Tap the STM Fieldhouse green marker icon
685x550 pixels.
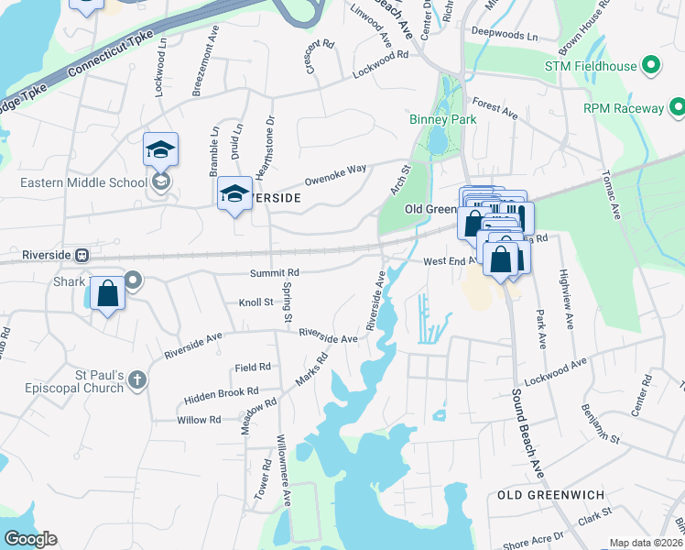tap(651, 66)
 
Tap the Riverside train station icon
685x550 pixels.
tap(82, 255)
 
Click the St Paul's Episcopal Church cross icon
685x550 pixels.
tap(136, 379)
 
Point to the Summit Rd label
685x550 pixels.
tap(275, 273)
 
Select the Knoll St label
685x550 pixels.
tap(256, 302)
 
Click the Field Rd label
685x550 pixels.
tap(253, 367)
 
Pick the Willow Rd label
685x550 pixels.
tap(201, 420)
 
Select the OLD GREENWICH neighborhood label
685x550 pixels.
tap(550, 495)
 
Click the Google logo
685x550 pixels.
tap(30, 539)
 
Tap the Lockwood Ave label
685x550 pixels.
tap(555, 372)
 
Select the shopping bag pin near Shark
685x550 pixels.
tap(108, 295)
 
